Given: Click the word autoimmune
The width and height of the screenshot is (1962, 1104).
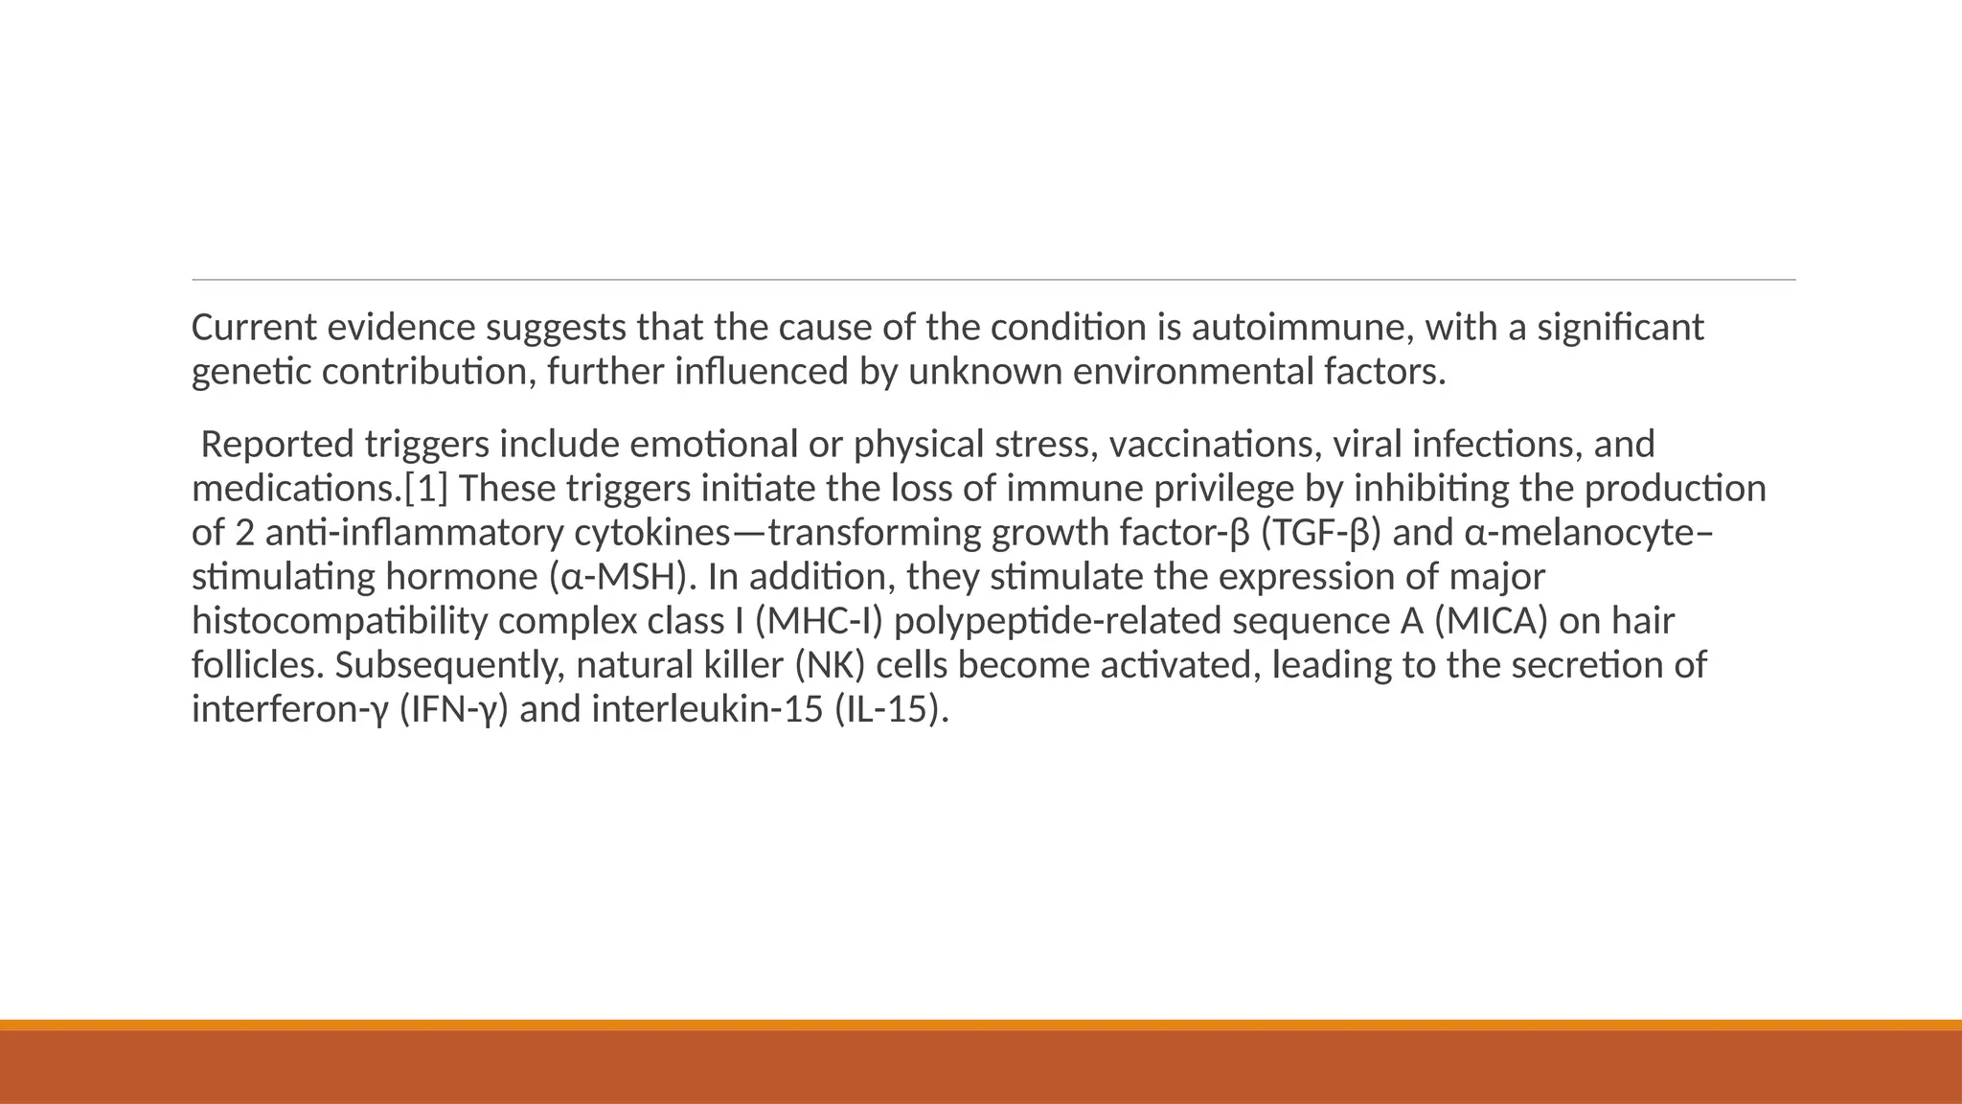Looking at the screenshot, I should click(1303, 328).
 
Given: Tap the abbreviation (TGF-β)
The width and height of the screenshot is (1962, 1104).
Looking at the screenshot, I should click(1321, 533).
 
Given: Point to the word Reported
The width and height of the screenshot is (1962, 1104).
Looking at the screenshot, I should click(278, 445).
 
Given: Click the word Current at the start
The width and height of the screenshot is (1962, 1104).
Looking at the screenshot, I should click(254, 328).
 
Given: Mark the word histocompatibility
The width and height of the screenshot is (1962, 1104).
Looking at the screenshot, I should click(340, 621).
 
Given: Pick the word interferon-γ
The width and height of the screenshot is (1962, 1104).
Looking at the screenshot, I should click(289, 709).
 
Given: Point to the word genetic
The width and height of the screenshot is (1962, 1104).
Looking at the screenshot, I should click(252, 372).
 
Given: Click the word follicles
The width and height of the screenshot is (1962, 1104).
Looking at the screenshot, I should click(258, 665).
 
